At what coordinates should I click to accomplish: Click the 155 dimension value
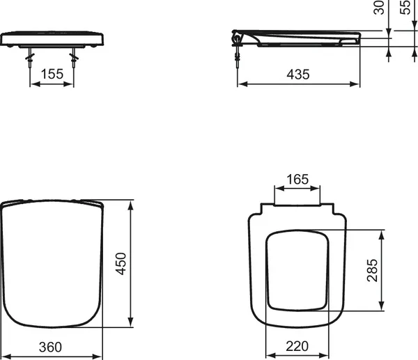(52, 72)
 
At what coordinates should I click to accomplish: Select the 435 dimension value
(298, 73)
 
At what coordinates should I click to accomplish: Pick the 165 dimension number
(297, 180)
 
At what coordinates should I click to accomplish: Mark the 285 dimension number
(371, 270)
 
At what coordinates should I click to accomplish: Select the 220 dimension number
(297, 346)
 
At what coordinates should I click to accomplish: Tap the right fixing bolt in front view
(73, 56)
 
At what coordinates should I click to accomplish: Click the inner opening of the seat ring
(297, 269)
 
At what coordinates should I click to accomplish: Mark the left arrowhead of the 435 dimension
(240, 86)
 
